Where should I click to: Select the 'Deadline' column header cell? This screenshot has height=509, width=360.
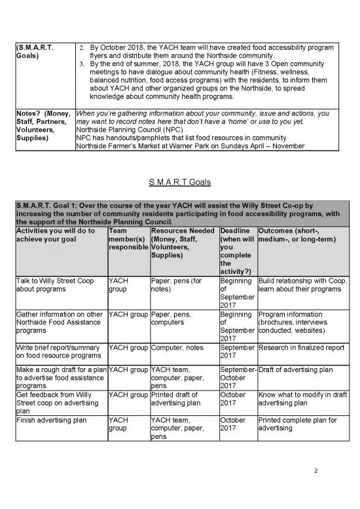[238, 252]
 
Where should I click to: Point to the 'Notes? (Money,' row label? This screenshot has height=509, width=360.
[41, 113]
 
